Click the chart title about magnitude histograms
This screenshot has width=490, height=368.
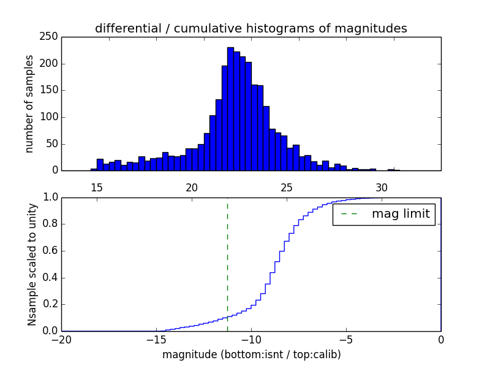(251, 28)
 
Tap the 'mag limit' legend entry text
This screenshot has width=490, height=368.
(401, 214)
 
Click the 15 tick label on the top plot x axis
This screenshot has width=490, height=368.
(97, 187)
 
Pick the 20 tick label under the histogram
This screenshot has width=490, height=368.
(192, 187)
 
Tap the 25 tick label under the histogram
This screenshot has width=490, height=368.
(287, 187)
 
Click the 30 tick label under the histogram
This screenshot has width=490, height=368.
(382, 187)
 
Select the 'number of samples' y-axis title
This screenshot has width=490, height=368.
(29, 104)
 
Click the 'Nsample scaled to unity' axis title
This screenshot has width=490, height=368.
(32, 264)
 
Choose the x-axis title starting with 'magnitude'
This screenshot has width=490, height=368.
(251, 355)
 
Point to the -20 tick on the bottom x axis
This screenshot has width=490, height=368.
(61, 339)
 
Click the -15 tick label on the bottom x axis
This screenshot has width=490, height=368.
(156, 339)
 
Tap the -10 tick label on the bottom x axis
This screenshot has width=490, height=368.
(251, 339)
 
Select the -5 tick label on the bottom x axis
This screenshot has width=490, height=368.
(346, 339)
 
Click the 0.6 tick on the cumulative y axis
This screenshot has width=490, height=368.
(50, 251)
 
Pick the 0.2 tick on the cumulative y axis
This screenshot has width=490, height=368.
(50, 304)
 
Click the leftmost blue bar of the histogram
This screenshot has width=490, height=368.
(94, 169)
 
